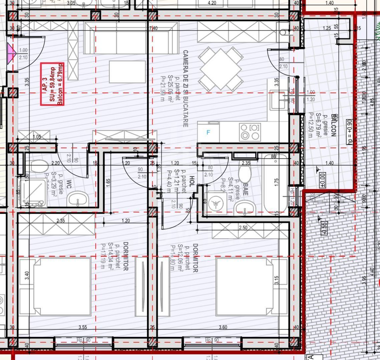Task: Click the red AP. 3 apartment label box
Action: [52, 84]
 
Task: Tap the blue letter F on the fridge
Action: [208, 133]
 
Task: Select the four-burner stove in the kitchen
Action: [250, 132]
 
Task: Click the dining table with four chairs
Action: [221, 69]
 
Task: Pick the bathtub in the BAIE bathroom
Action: [275, 184]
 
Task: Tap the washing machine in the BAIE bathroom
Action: [215, 203]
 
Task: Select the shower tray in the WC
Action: [33, 192]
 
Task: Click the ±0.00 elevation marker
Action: [322, 180]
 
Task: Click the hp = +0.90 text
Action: [349, 132]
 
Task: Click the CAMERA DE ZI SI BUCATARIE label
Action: [185, 89]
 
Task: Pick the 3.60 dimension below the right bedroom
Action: [223, 327]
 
